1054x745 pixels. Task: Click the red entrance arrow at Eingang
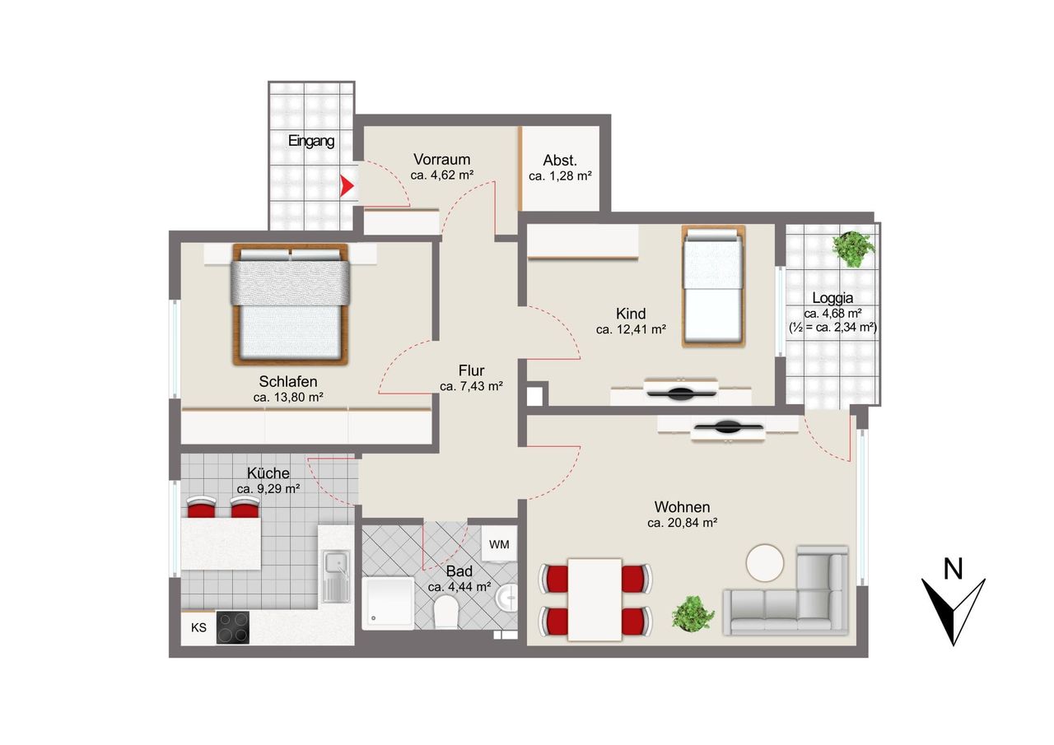(x=347, y=186)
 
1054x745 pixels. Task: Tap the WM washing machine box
(x=499, y=543)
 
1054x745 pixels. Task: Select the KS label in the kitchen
(x=198, y=627)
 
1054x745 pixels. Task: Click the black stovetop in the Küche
(x=232, y=627)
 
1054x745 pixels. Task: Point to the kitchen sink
(x=336, y=576)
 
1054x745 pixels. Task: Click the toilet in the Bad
(x=445, y=612)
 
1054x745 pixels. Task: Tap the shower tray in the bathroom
(x=388, y=602)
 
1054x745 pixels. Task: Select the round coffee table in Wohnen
(x=765, y=562)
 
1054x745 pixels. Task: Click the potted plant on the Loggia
(x=853, y=249)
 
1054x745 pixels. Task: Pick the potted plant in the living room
(x=693, y=612)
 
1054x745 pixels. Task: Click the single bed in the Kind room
(x=713, y=286)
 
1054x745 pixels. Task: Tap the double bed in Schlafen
(x=291, y=304)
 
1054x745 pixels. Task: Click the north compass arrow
(x=953, y=612)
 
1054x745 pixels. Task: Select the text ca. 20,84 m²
(x=682, y=523)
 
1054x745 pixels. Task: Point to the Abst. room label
(x=559, y=161)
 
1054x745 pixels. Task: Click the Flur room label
(x=471, y=370)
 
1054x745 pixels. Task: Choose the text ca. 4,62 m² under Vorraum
(x=442, y=175)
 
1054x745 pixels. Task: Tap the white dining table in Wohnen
(x=595, y=599)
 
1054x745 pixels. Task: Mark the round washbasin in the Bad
(x=506, y=598)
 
